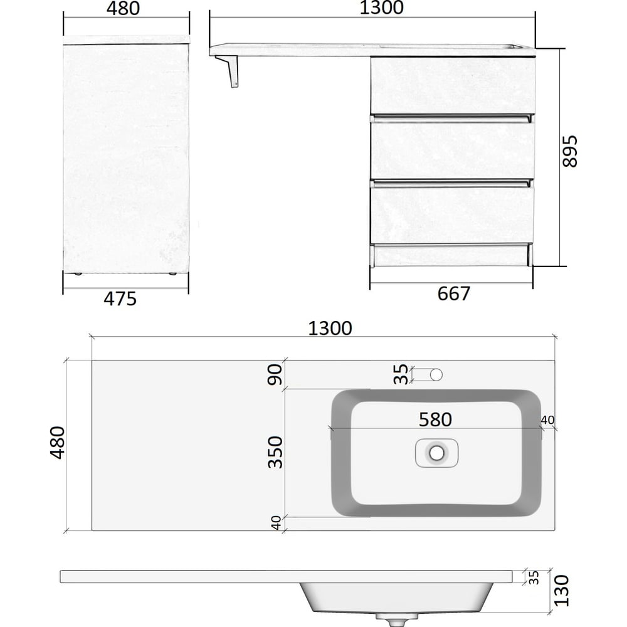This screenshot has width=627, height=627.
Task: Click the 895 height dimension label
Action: coord(570,151)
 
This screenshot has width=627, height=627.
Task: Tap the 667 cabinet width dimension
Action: coord(453,294)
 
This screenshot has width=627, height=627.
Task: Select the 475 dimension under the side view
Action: coord(120,299)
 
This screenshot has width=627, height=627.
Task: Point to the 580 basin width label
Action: coord(435,419)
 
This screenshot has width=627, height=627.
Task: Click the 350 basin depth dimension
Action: coord(275,452)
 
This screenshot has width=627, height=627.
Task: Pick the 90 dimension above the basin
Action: coord(275,374)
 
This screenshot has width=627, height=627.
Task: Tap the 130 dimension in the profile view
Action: coord(561,591)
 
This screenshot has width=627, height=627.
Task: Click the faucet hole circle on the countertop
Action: coord(436,375)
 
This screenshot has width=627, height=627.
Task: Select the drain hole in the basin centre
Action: coord(436,453)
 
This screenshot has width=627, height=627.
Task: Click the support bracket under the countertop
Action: coord(228,71)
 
